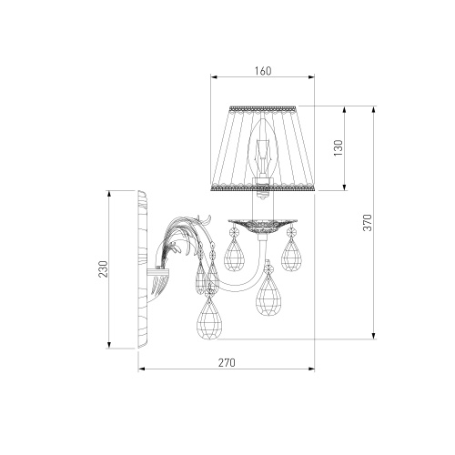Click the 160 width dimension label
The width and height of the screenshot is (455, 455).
coord(263,71)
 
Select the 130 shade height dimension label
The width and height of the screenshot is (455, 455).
coord(338,148)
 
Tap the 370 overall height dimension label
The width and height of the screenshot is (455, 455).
coord(368,222)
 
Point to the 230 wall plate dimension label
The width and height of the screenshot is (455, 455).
coord(104,268)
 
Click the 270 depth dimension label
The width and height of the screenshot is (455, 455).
coord(227,362)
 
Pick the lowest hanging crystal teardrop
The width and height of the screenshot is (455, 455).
coord(208,318)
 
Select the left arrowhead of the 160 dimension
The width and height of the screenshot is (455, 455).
coord(215,77)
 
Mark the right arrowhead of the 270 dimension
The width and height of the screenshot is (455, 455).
coord(311,369)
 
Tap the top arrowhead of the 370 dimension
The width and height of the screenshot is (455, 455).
coord(374,109)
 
